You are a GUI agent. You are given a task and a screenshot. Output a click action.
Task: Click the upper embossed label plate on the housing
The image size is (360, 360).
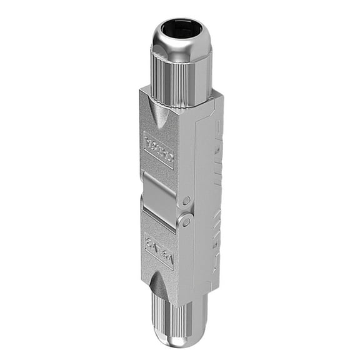159,148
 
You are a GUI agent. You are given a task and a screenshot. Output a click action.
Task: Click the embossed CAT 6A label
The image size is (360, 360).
159,250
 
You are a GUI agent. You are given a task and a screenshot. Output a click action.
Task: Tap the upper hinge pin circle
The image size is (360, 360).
186,201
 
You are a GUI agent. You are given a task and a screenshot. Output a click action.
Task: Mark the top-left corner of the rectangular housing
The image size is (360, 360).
141,91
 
